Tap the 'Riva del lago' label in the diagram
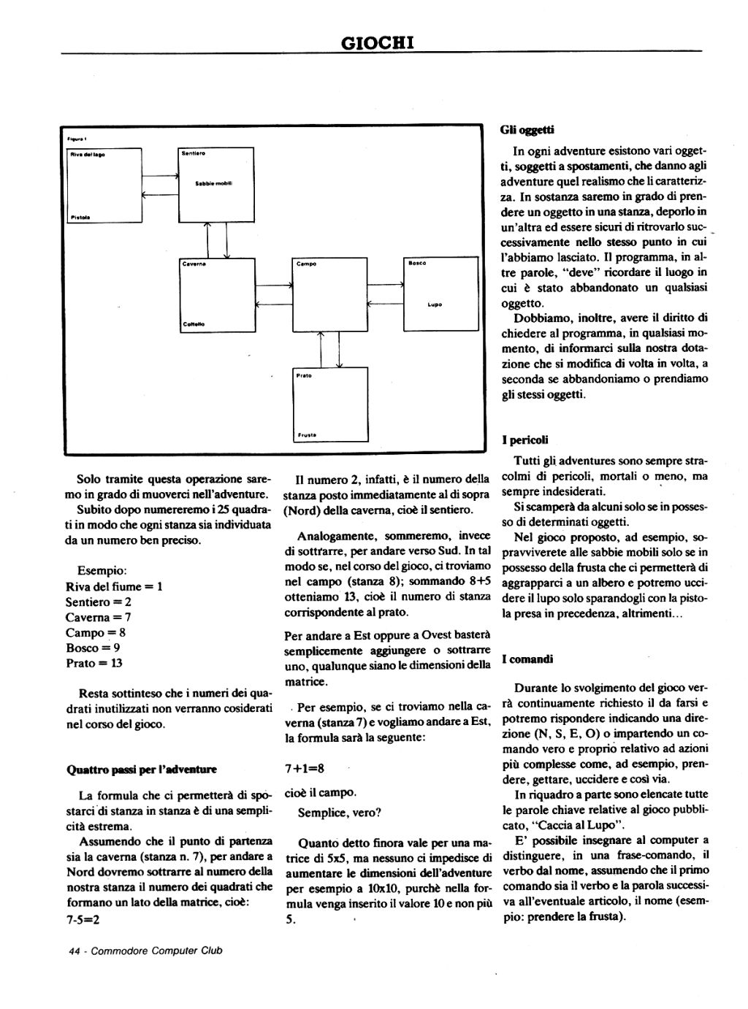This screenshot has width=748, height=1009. pos(87,154)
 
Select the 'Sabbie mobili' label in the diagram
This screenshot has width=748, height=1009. pos(213,183)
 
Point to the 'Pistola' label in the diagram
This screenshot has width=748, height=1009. pos(80,217)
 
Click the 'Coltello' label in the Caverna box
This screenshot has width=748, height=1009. pos(194,323)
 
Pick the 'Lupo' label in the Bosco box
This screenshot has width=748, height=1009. pos(435,304)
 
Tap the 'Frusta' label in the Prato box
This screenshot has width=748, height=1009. pos(306,435)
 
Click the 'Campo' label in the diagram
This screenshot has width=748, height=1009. pos(306,264)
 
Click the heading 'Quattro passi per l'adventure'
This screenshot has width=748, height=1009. pos(141,770)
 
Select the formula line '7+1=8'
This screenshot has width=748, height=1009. pos(304,768)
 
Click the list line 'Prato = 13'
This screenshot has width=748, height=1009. pos(94,663)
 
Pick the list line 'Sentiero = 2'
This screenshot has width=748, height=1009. pos(99,602)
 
